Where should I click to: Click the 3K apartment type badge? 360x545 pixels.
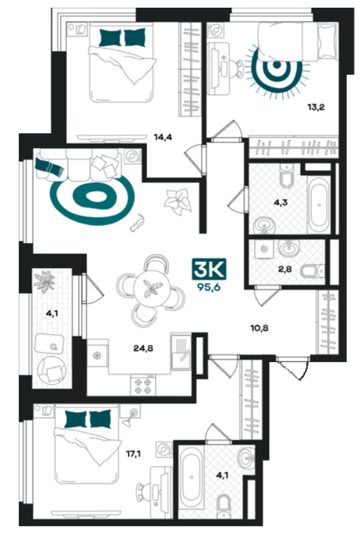[209, 269]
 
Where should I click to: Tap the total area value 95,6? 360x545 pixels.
[209, 287]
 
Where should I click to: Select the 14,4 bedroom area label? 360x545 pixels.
[163, 137]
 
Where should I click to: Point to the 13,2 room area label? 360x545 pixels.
[316, 107]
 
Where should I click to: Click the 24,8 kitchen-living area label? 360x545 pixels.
[143, 348]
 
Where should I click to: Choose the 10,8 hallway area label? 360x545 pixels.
[259, 328]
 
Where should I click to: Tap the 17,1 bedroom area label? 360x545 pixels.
[133, 453]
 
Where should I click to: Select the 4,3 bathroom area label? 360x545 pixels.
[281, 203]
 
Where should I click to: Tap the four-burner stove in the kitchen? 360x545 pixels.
[143, 385]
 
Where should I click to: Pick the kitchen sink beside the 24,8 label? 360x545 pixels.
[181, 351]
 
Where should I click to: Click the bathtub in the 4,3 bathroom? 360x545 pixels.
[319, 204]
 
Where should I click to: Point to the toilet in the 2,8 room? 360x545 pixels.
[312, 271]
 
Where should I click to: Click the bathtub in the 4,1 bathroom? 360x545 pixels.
[191, 478]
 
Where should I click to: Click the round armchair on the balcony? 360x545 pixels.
[52, 370]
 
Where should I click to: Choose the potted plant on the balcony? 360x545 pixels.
[44, 281]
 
